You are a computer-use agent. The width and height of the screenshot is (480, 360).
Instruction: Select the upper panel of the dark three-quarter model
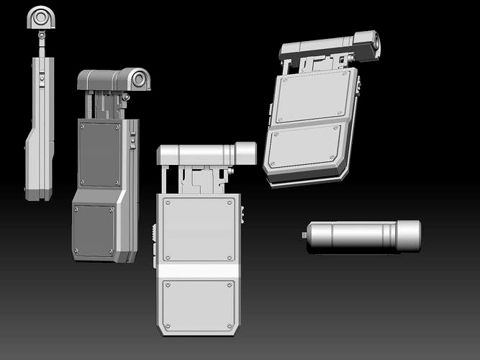(x=100, y=154)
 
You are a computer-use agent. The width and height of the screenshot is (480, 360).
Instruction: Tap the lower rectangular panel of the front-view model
(x=199, y=305)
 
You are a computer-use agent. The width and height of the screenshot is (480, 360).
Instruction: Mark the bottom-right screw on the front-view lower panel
(x=230, y=327)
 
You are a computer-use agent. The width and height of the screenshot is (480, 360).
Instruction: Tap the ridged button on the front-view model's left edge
(x=155, y=235)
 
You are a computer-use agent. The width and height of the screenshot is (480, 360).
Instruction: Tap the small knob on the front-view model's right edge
(x=242, y=214)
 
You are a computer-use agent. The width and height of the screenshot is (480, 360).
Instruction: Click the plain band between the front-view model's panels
(x=199, y=271)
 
